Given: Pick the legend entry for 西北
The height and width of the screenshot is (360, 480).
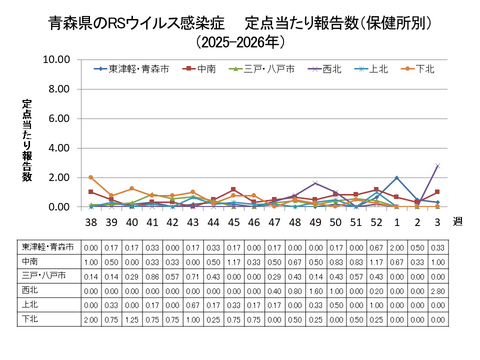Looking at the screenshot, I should coord(329,69).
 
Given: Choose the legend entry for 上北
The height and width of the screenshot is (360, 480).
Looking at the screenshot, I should coord(378,69).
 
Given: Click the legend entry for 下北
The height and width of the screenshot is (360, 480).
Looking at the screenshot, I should coord(424,69).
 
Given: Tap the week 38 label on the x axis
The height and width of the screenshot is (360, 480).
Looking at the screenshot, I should coord(91,223).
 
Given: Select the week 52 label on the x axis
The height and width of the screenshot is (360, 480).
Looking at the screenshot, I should coord(376,223).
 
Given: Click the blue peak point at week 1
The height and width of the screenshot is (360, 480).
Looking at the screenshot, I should coord(397,178).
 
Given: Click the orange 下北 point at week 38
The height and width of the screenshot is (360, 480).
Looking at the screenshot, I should coord(91,178).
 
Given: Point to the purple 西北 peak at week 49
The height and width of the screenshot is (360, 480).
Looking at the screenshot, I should coord(315,183).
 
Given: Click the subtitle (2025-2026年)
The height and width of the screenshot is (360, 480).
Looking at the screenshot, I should coord(240,43).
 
